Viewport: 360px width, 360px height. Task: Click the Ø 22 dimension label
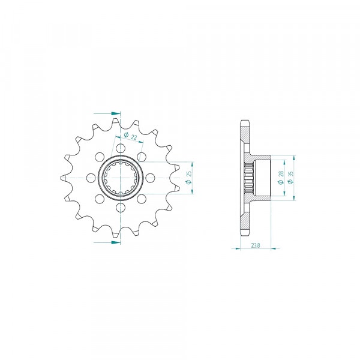(130, 136)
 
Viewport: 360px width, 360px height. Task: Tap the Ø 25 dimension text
(189, 178)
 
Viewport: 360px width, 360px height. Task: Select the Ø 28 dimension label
(281, 178)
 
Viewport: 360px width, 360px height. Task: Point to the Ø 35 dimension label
(290, 178)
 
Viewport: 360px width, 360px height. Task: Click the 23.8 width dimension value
(256, 245)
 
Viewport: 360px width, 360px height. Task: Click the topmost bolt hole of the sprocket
(121, 148)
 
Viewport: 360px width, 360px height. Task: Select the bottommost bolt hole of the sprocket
(121, 208)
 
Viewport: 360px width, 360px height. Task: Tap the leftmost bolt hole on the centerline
(91, 178)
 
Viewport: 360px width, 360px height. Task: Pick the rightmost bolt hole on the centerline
(150, 178)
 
